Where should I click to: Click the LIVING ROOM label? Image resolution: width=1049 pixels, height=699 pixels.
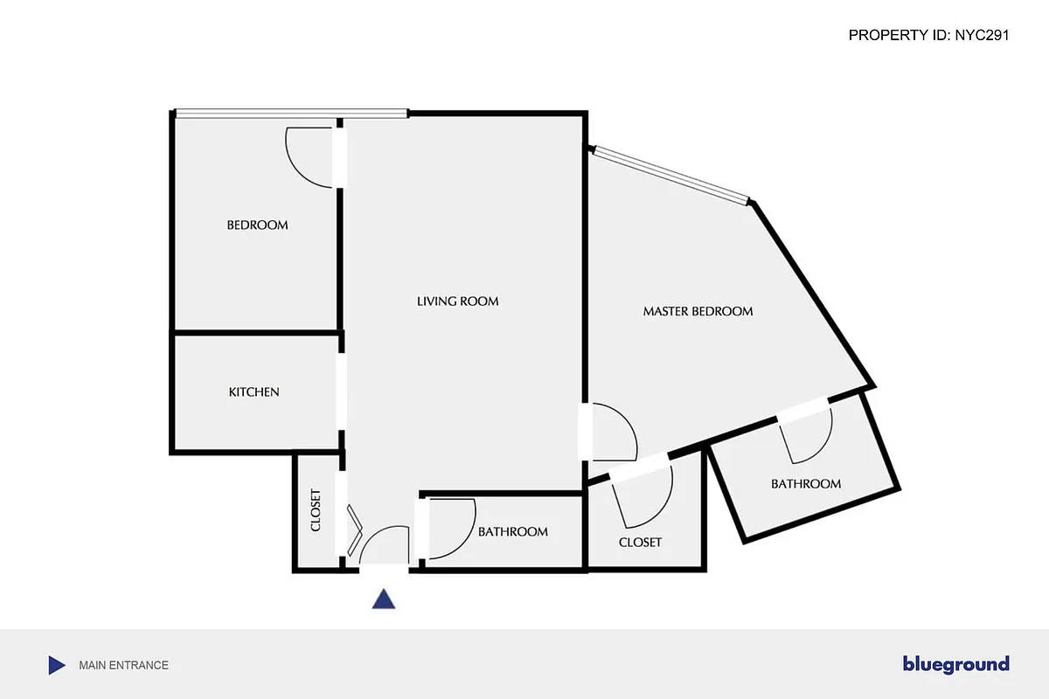(x=457, y=301)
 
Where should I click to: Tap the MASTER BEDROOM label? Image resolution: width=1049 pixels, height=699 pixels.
(x=698, y=311)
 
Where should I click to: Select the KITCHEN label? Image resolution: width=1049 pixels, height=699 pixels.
(x=254, y=392)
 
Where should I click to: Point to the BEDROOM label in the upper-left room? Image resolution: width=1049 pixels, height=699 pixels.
(x=257, y=225)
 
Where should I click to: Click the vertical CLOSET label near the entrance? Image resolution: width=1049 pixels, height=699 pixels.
(x=316, y=509)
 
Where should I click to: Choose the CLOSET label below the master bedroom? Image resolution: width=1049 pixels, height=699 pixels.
(x=640, y=543)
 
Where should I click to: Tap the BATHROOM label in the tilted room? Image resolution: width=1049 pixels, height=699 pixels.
(x=805, y=484)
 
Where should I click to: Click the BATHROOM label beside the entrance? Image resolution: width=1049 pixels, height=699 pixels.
(x=512, y=532)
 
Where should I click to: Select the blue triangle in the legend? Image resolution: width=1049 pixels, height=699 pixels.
(x=56, y=665)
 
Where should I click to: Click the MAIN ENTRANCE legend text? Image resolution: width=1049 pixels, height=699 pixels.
(x=123, y=665)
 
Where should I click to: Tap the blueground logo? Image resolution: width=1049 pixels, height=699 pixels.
(x=955, y=665)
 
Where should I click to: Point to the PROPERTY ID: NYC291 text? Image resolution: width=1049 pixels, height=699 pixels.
(x=929, y=36)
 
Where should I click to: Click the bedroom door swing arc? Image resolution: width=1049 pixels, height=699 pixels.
(x=306, y=162)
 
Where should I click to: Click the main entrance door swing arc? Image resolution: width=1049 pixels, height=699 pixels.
(x=385, y=543)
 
